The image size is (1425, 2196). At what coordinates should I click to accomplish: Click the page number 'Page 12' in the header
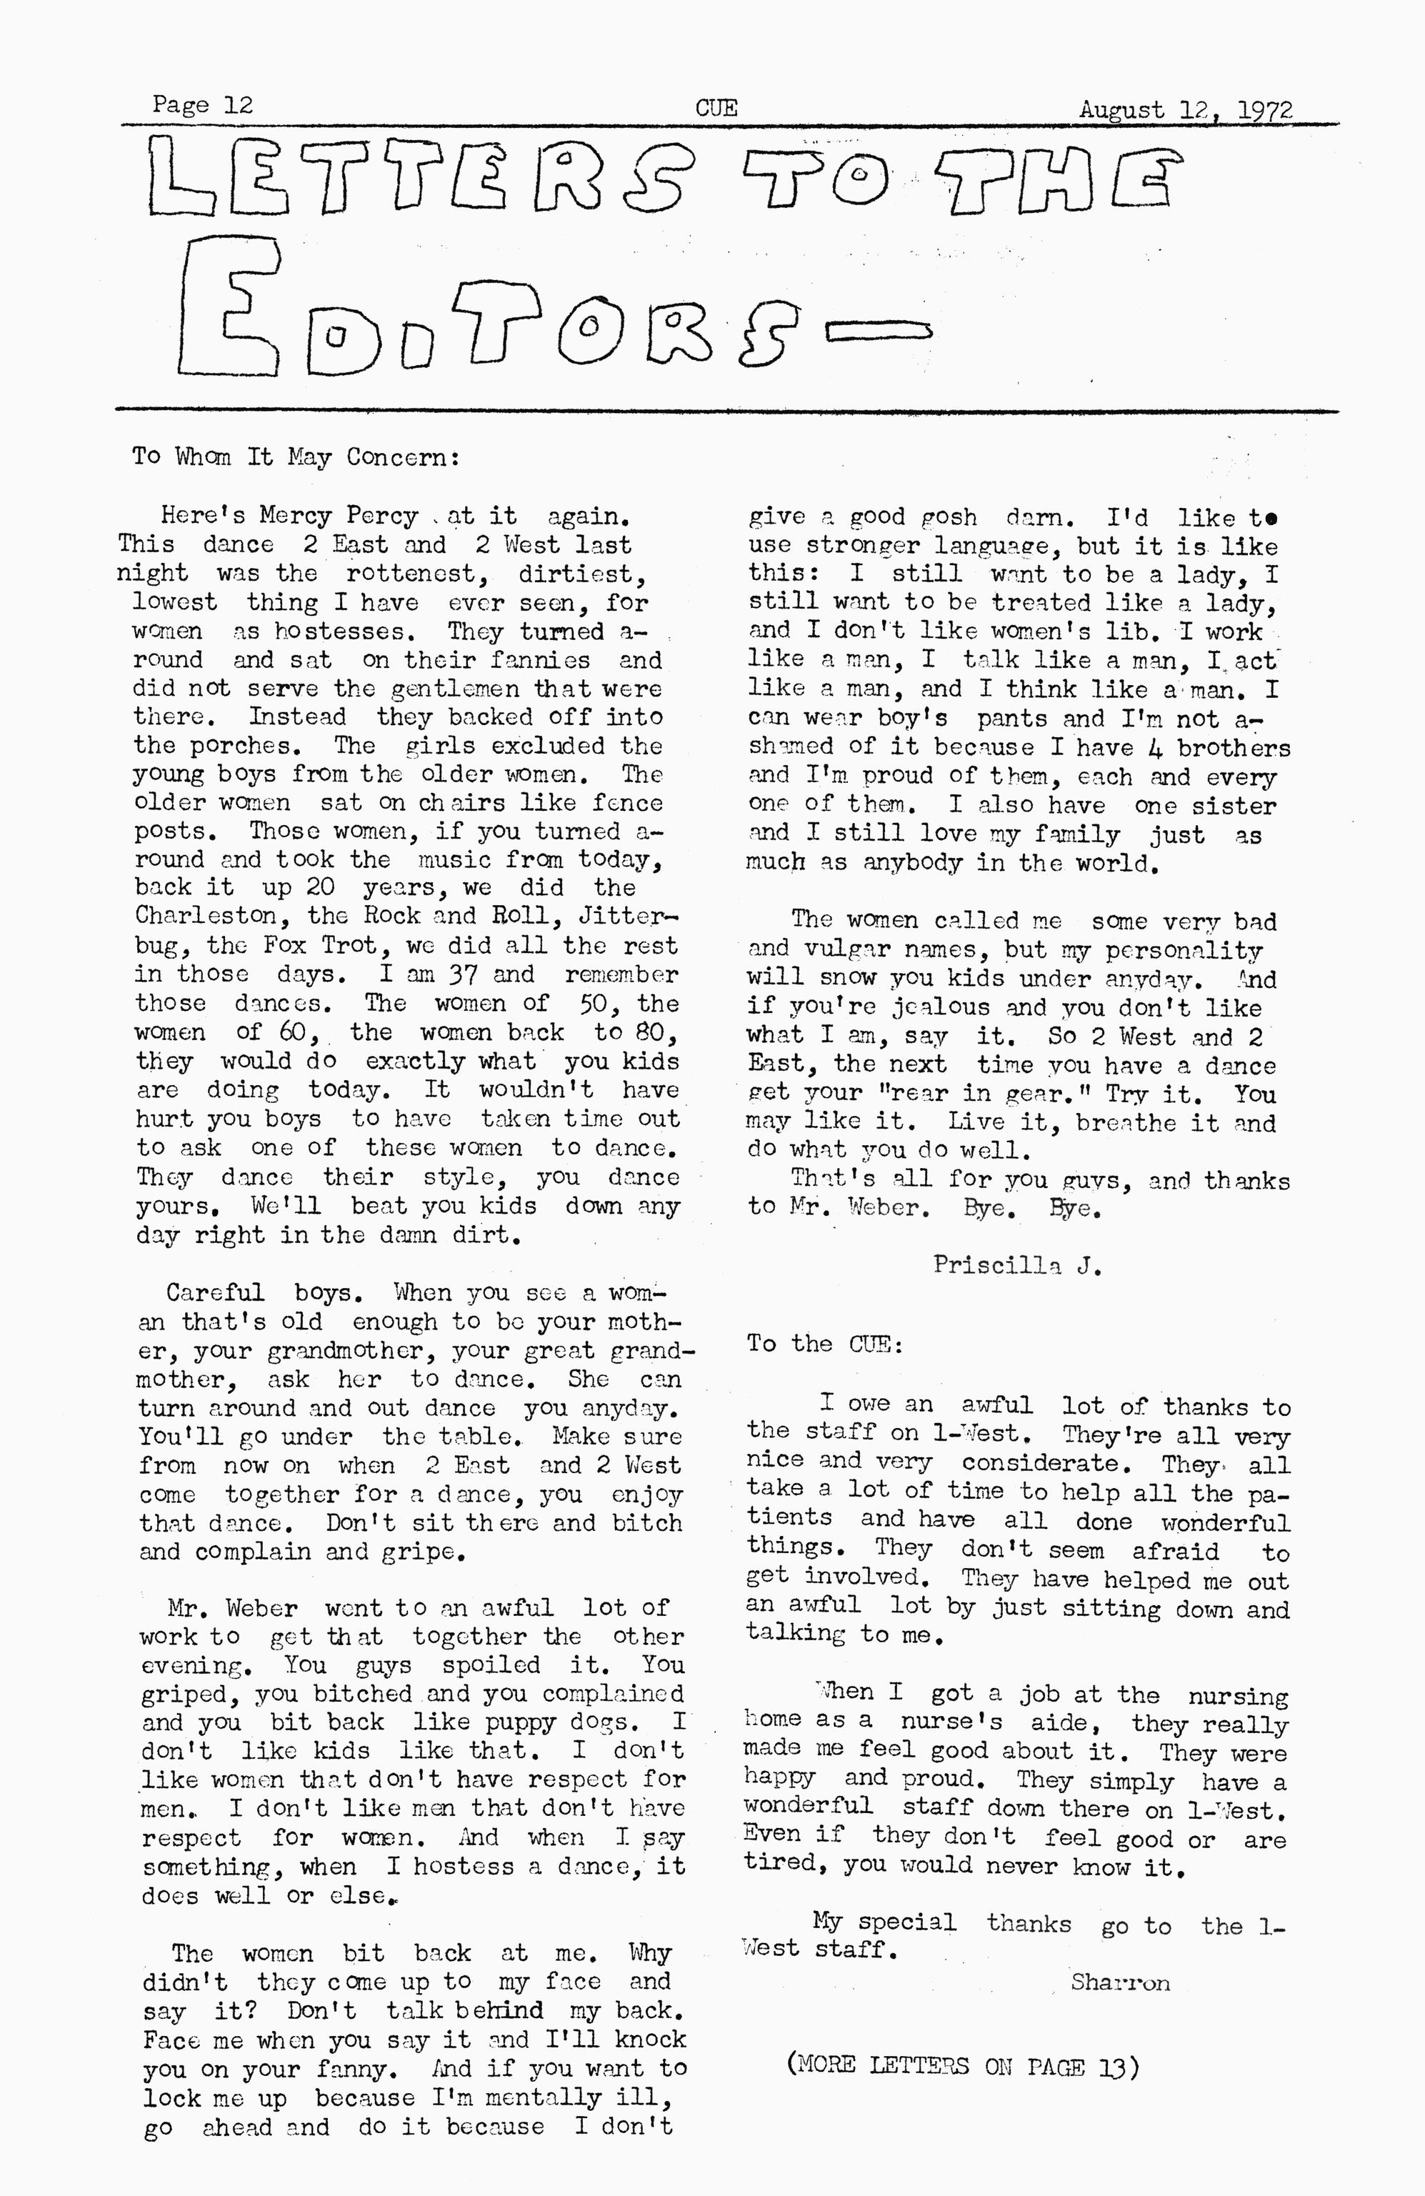[202, 105]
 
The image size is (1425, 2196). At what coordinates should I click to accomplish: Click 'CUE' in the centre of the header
[716, 109]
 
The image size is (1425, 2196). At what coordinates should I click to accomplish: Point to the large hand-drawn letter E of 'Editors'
[231, 304]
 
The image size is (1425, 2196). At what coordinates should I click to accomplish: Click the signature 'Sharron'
[1120, 1982]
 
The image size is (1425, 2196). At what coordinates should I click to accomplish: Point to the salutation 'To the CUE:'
[824, 1344]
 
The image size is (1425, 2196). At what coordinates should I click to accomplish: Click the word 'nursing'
[1238, 1696]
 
